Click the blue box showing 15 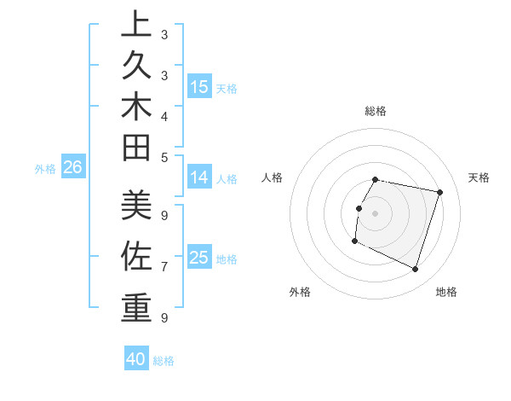tap(199, 86)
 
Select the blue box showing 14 tap(199, 177)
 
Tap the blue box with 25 tap(199, 257)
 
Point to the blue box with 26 tap(73, 167)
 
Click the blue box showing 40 tap(136, 359)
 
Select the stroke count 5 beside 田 tap(164, 157)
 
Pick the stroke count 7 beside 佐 tap(164, 266)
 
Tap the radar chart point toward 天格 tap(440, 192)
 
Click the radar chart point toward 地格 tap(416, 270)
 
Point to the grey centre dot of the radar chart tap(376, 213)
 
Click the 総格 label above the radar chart tap(376, 111)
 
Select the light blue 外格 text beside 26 tap(45, 169)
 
